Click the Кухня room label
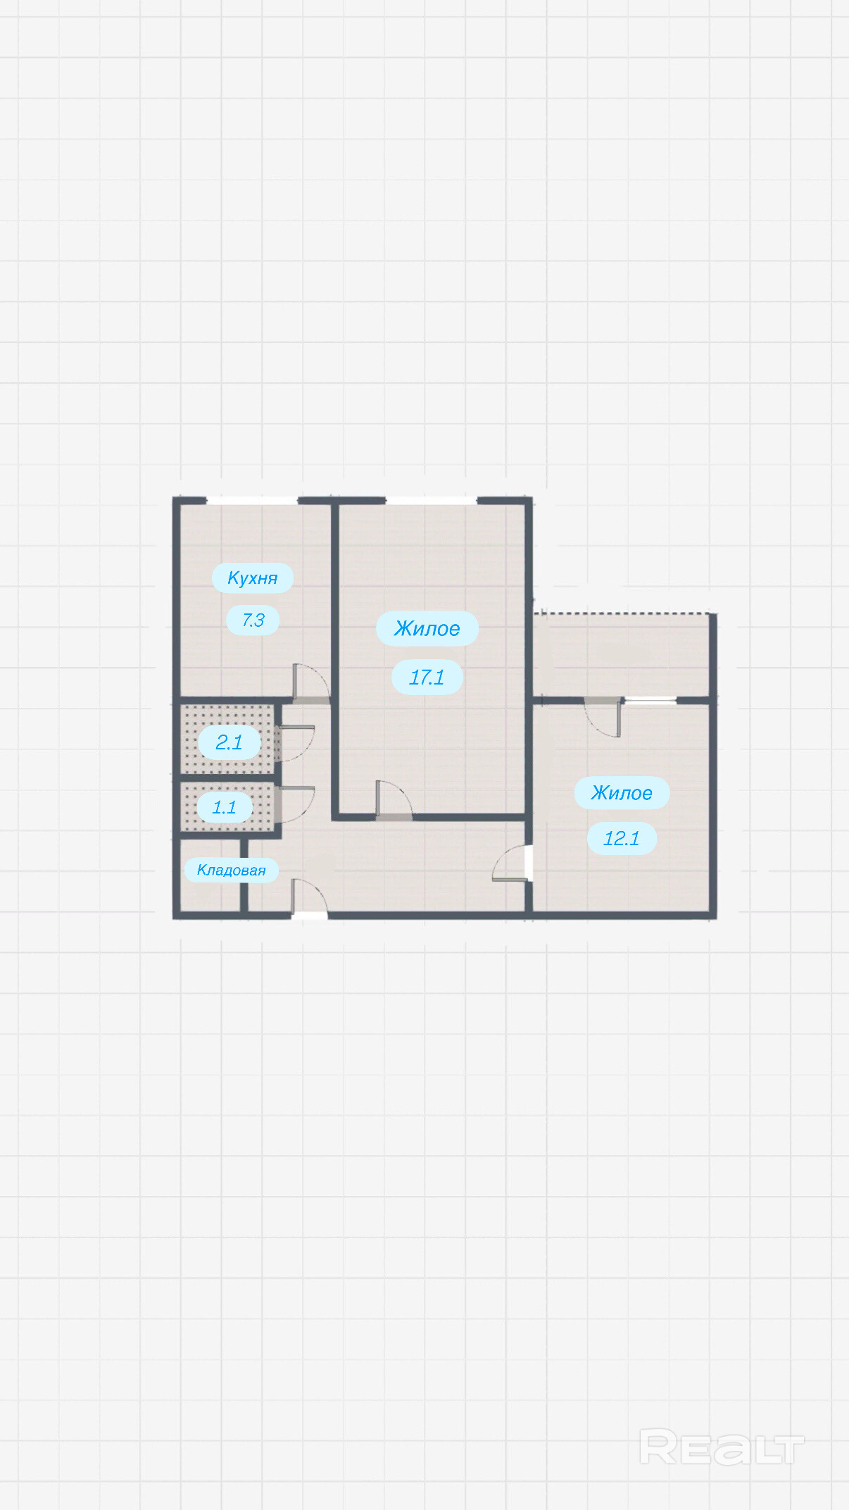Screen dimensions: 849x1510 [x=253, y=578]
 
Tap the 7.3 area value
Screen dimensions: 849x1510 [x=253, y=620]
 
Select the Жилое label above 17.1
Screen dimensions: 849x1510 [x=427, y=628]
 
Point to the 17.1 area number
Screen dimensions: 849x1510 [x=427, y=678]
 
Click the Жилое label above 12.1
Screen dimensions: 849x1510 [x=622, y=793]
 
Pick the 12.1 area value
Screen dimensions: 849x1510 [x=622, y=838]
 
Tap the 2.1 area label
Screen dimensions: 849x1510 [x=229, y=742]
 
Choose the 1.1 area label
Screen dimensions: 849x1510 [x=224, y=807]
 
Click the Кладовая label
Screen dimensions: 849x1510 [x=231, y=871]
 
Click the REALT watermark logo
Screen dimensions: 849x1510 [x=722, y=1448]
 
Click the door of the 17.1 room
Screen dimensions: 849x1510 [x=394, y=800]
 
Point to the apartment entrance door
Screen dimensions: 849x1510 [x=309, y=899]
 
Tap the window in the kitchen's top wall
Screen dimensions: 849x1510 [x=252, y=501]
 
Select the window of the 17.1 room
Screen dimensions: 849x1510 [x=432, y=501]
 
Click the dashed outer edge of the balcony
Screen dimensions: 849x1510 [x=623, y=614]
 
